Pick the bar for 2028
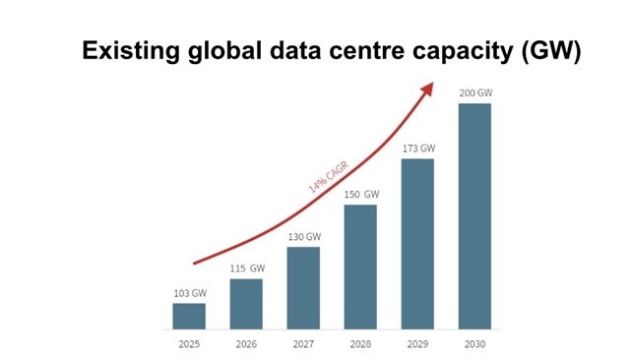coord(360,266)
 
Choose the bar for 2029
coord(417,243)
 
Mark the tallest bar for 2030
coord(474,215)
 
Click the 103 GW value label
coord(189,293)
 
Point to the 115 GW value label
coord(246,269)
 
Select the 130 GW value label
coord(303,237)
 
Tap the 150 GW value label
coord(360,195)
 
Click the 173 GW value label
coord(417,149)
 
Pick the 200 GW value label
coord(474,93)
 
